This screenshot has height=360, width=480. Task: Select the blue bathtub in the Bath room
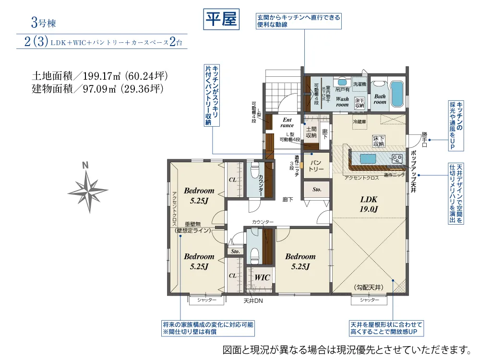[396, 94]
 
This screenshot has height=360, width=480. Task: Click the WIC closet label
[262, 277]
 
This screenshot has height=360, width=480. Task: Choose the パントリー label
[316, 166]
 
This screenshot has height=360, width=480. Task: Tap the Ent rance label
[287, 122]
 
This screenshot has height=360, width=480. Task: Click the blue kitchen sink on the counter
[368, 159]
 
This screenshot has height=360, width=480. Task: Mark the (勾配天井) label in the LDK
[369, 287]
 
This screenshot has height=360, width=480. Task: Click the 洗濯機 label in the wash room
[359, 84]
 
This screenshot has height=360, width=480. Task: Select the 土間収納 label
[311, 132]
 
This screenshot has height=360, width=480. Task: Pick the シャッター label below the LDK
[369, 300]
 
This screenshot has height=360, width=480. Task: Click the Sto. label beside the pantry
[317, 190]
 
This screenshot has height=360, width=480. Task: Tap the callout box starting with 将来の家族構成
[207, 328]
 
